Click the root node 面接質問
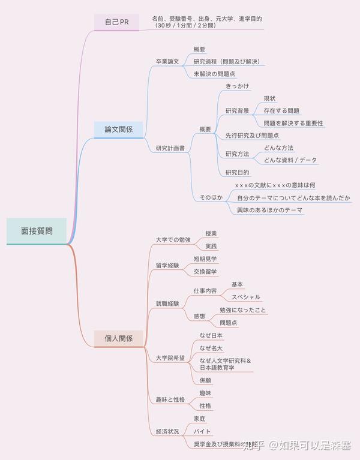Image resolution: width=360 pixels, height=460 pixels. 37,230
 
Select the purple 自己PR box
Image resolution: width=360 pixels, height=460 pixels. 116,22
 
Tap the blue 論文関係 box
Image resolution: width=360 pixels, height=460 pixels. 119,129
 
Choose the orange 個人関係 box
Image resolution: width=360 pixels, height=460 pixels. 119,338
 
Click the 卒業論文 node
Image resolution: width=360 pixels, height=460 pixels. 167,61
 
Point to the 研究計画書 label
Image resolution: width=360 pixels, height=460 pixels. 170,148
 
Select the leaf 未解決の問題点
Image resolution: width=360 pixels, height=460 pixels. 214,74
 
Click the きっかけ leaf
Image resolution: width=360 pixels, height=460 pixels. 238,86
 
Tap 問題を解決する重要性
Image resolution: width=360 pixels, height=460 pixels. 293,123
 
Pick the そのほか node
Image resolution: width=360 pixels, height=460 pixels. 211,197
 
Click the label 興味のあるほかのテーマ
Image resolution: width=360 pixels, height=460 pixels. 269,210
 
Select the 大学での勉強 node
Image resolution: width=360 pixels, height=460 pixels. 173,240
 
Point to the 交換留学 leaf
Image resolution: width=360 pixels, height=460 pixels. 205,272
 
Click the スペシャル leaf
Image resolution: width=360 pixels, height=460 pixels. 245,297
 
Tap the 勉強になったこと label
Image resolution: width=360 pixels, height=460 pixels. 243,310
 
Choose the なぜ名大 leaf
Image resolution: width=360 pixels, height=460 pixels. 211,348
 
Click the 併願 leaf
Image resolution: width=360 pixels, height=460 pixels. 205,380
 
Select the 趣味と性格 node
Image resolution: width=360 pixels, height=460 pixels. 170,399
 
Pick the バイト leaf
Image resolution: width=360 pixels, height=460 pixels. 202,431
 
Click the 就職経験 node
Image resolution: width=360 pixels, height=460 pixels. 167,303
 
